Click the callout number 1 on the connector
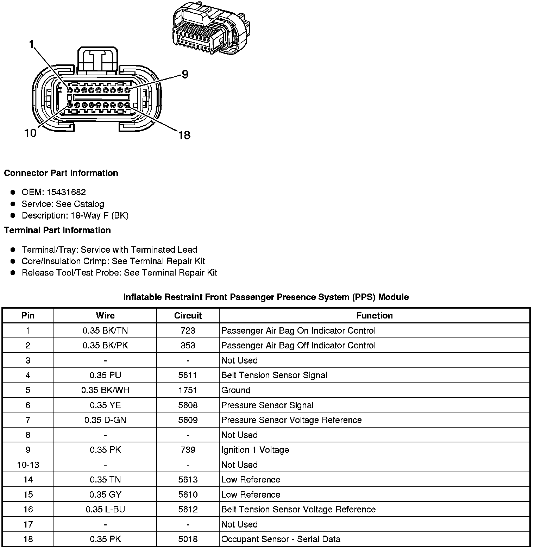tap(32, 44)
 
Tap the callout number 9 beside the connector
tap(185, 75)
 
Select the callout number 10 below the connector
tap(30, 133)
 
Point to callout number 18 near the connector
tap(184, 135)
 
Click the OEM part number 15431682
tap(66, 192)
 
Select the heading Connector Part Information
tap(61, 173)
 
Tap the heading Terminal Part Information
tap(57, 231)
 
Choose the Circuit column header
tap(188, 316)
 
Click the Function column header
tap(374, 316)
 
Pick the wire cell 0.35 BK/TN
tap(105, 331)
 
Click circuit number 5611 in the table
tap(188, 376)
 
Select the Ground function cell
tap(236, 390)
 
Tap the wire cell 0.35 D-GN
tap(105, 420)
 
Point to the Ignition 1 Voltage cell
tap(255, 450)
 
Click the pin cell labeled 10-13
tap(28, 465)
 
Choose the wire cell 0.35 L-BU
tap(105, 510)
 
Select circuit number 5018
tap(188, 539)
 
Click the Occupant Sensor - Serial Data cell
tap(281, 539)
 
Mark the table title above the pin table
tap(266, 297)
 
